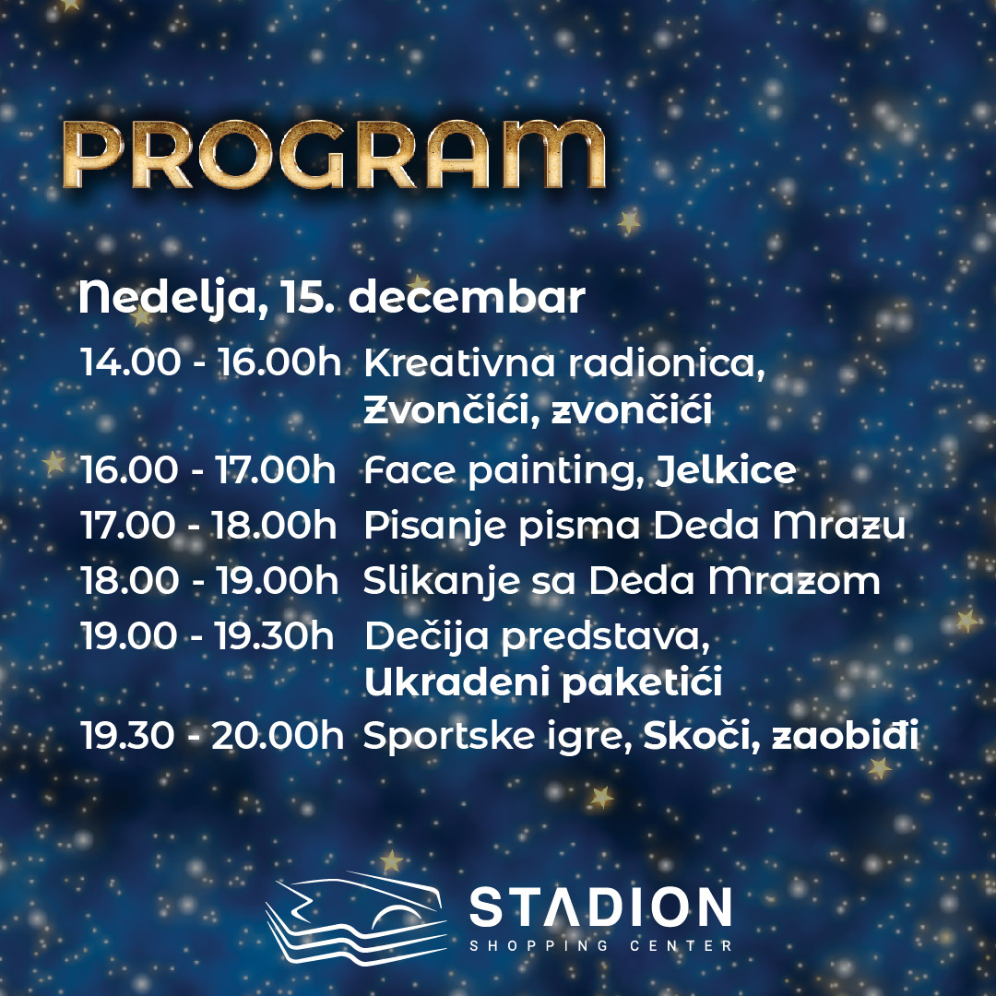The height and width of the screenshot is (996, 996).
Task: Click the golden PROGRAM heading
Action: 334,154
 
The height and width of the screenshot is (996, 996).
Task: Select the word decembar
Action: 467,297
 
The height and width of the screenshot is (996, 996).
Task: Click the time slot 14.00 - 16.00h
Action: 211,362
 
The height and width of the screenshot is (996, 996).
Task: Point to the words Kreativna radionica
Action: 564,362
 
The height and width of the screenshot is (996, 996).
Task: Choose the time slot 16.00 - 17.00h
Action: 208,470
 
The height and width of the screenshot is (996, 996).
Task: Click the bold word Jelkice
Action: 726,470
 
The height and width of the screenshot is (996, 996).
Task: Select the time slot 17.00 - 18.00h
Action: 208,526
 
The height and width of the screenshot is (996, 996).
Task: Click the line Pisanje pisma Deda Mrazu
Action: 634,527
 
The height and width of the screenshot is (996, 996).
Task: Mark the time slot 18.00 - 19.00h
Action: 209,581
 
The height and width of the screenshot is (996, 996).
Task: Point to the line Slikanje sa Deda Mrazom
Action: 622,582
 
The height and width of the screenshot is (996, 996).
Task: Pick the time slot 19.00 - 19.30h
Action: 207,635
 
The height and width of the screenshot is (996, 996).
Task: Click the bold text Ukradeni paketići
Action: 543,682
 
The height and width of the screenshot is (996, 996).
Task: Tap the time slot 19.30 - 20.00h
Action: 212,736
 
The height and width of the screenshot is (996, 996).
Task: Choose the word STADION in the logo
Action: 600,907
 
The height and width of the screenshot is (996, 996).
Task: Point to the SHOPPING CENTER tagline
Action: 600,945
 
